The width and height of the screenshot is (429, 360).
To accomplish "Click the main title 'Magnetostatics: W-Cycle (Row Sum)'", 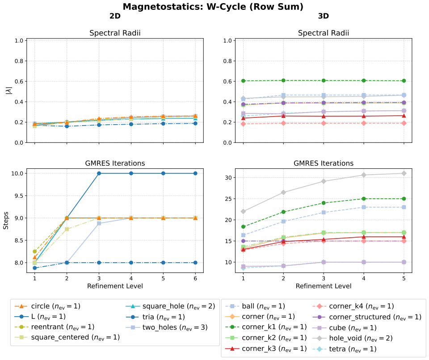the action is tap(213, 7).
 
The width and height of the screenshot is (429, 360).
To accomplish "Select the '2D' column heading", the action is tap(115, 16).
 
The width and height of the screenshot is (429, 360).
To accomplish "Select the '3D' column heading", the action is tap(324, 16).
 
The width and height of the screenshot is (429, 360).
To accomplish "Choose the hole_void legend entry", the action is tap(353, 338).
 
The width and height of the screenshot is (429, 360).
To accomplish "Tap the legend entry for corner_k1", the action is tap(266, 327).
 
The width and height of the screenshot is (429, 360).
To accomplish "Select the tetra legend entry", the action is tap(345, 349).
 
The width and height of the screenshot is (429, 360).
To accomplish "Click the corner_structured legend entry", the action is tap(367, 317).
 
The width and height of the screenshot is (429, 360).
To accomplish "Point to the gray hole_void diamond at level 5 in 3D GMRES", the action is tap(404, 173).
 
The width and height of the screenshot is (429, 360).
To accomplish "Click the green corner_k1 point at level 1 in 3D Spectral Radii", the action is tap(243, 81).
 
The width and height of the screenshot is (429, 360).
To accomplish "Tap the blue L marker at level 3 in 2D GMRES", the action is tap(99, 173).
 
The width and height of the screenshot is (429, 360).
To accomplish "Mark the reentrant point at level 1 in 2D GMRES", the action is tap(34, 251).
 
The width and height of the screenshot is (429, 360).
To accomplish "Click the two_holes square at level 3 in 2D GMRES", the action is tap(99, 223).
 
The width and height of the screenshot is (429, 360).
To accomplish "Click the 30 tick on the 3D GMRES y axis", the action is tap(229, 177).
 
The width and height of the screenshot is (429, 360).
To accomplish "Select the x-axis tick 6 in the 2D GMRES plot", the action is tap(195, 278).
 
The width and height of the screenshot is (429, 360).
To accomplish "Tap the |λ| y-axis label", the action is tap(9, 91).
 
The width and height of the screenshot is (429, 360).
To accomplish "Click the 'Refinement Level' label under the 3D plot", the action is tap(324, 286).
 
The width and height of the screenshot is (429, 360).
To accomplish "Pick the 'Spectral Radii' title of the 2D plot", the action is tap(115, 33).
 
